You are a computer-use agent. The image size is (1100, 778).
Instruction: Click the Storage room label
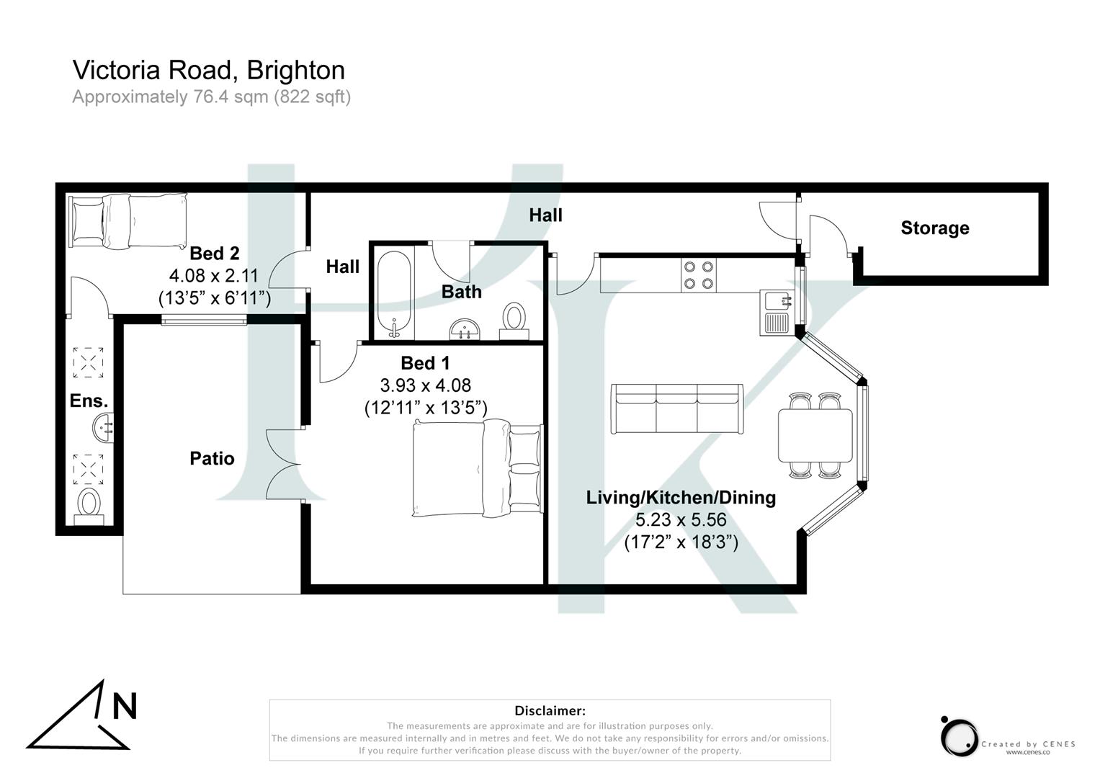click(934, 228)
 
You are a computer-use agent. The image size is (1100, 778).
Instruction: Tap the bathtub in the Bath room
click(394, 294)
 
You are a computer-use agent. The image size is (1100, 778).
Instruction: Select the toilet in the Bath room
click(514, 321)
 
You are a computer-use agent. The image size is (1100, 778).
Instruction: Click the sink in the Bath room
click(465, 330)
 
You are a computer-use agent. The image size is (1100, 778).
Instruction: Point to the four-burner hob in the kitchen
click(699, 274)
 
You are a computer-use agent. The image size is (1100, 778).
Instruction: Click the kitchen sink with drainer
click(777, 312)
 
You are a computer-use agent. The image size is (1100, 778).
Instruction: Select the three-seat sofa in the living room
click(676, 409)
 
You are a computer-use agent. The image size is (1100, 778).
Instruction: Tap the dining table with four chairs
click(815, 435)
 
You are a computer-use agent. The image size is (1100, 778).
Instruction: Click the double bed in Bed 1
click(475, 468)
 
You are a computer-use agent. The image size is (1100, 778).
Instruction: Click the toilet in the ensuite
click(89, 503)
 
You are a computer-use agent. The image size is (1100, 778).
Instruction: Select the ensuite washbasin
click(103, 428)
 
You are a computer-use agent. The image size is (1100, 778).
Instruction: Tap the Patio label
click(212, 458)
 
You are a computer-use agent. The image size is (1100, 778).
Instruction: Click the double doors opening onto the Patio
click(285, 464)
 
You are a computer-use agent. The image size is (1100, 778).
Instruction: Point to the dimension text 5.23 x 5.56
click(681, 519)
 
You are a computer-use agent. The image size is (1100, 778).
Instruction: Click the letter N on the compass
click(125, 706)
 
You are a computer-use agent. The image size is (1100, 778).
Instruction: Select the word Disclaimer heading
click(550, 711)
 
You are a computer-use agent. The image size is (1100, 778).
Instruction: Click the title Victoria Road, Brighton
click(208, 70)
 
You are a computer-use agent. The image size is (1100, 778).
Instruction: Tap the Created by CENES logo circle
click(959, 737)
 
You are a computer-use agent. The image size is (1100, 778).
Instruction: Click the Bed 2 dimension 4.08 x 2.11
click(213, 275)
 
